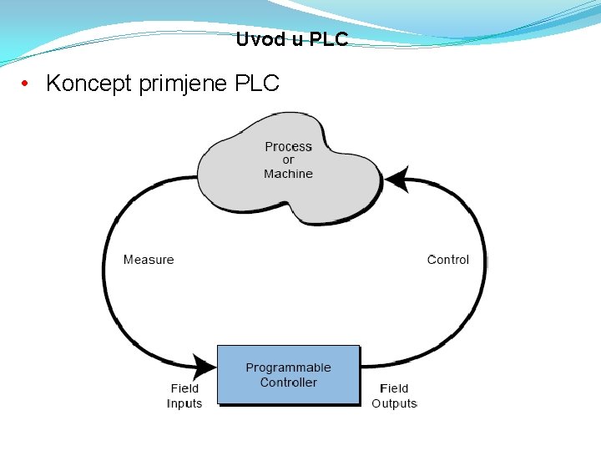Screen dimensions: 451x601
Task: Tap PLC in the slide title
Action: [329, 39]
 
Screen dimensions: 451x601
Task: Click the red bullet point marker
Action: [27, 84]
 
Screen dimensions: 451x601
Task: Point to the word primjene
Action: [180, 84]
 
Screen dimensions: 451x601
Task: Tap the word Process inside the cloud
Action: [288, 147]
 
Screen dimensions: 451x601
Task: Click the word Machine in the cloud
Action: [288, 174]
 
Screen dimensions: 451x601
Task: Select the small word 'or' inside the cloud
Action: [288, 160]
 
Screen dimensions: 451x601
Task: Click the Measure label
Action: [149, 260]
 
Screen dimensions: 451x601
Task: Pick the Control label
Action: [448, 260]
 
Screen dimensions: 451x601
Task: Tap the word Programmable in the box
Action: [288, 367]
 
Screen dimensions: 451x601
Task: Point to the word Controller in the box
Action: [288, 383]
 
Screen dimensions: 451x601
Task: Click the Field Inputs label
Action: [184, 396]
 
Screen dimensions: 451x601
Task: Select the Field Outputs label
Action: [394, 396]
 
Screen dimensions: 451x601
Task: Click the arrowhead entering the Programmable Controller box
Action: [204, 366]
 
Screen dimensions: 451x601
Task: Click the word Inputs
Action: [184, 403]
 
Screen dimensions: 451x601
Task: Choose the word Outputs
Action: [394, 403]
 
